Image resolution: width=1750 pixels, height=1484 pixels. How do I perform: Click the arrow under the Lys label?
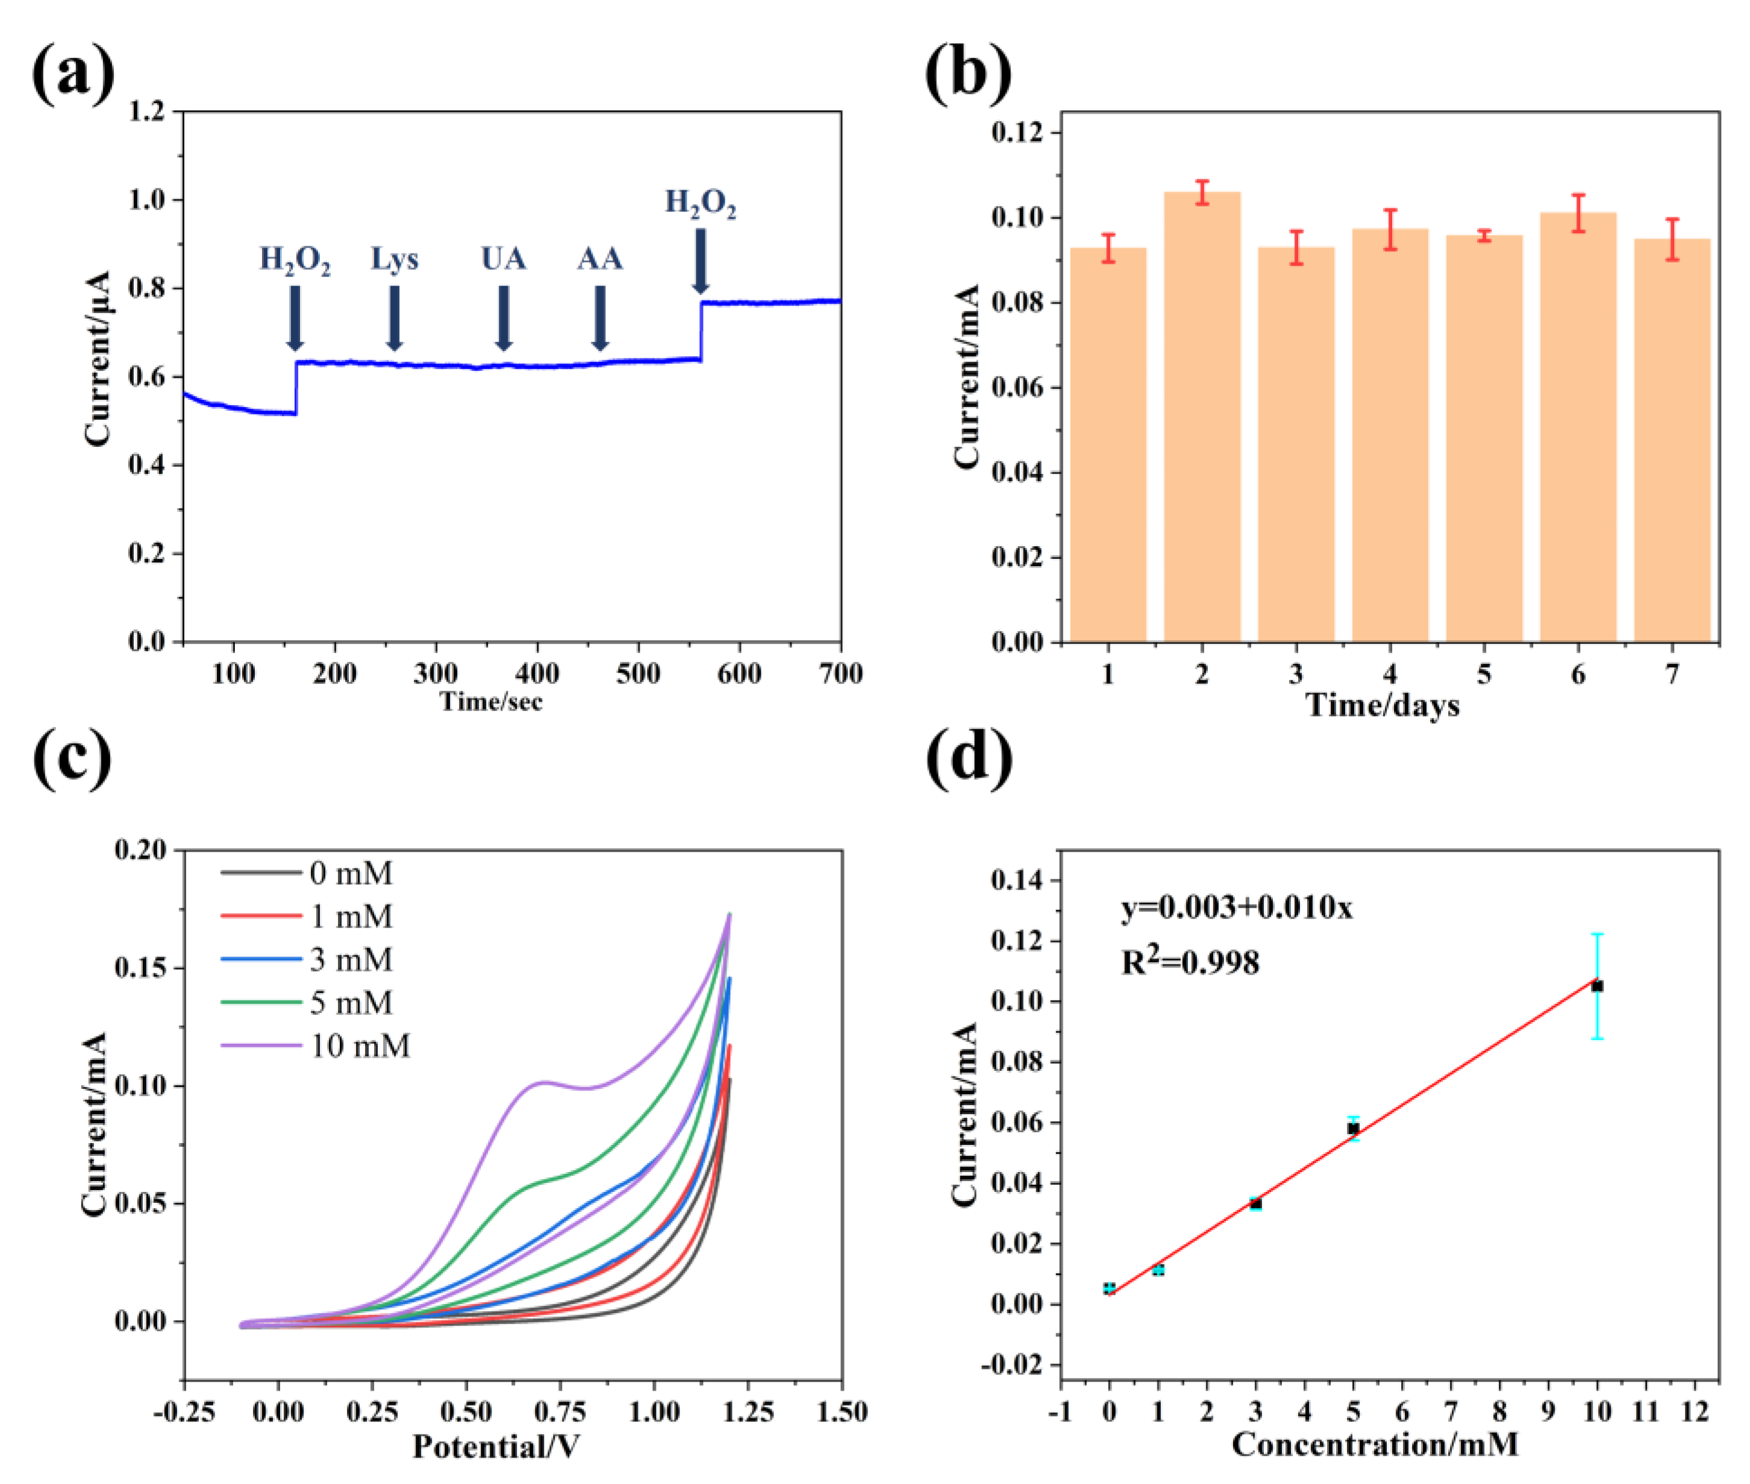click(394, 318)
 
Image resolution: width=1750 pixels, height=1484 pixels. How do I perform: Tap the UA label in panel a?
click(503, 258)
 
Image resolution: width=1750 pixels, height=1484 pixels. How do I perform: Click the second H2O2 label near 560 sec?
click(700, 203)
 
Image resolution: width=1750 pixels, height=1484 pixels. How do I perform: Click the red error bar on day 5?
click(1484, 235)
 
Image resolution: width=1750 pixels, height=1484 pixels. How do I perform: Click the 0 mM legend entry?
click(308, 873)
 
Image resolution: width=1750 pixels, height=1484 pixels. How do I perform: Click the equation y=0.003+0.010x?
click(1236, 908)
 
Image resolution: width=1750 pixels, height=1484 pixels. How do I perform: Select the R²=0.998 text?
click(1190, 962)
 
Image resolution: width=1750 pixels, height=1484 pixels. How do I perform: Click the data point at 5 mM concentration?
click(1353, 1128)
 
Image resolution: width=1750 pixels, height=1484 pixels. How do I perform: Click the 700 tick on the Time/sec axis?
click(840, 673)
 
